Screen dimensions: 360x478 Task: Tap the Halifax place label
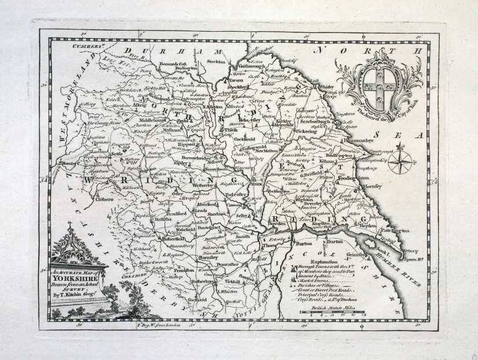pos(160,220)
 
